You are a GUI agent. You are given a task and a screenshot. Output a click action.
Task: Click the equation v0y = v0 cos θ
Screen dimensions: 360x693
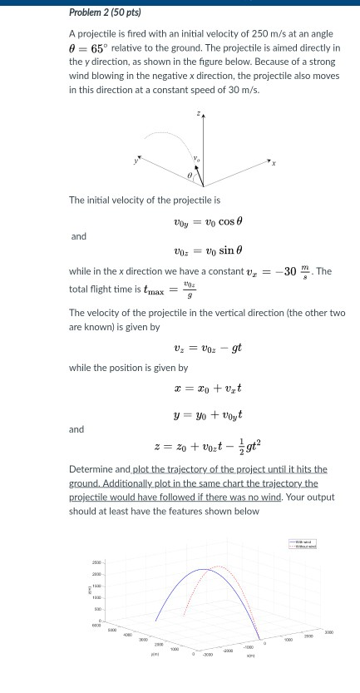[x=205, y=223]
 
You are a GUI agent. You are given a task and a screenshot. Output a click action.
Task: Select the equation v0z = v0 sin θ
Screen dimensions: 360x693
[x=205, y=250]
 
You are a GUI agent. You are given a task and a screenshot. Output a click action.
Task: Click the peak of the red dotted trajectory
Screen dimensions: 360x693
[x=217, y=566]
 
